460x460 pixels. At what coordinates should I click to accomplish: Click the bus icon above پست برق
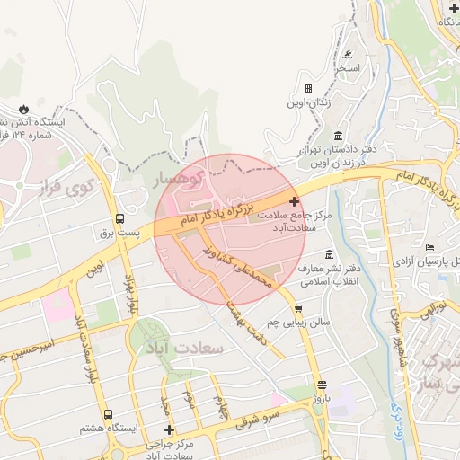coord(119,218)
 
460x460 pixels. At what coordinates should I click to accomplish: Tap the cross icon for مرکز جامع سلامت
coord(294,201)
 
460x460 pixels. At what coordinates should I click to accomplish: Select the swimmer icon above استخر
coord(347,54)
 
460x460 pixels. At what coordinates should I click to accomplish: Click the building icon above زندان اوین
coord(308,88)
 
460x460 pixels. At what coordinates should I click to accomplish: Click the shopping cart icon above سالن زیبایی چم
coord(297,307)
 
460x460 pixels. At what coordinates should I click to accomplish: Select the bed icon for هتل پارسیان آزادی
coord(429,246)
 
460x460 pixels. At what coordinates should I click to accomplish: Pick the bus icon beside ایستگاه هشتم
coord(108,415)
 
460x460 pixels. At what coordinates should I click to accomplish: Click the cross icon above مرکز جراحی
coord(168,430)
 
